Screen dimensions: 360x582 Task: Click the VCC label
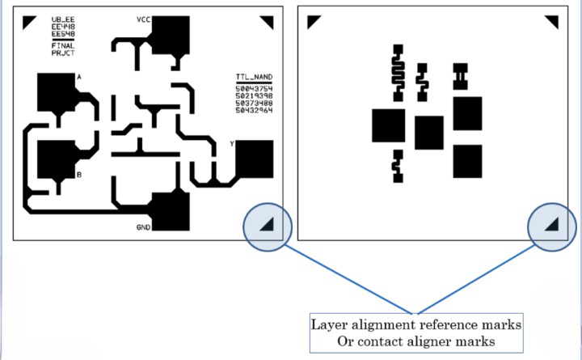click(x=144, y=18)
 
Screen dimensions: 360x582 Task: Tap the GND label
click(x=143, y=227)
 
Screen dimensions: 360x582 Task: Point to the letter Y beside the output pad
click(x=232, y=143)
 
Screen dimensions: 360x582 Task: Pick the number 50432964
click(x=254, y=110)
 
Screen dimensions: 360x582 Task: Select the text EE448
click(x=63, y=27)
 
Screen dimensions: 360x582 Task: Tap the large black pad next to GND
click(x=171, y=212)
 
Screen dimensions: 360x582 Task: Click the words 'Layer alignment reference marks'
click(x=416, y=324)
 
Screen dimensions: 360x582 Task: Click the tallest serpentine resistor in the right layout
click(x=397, y=70)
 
